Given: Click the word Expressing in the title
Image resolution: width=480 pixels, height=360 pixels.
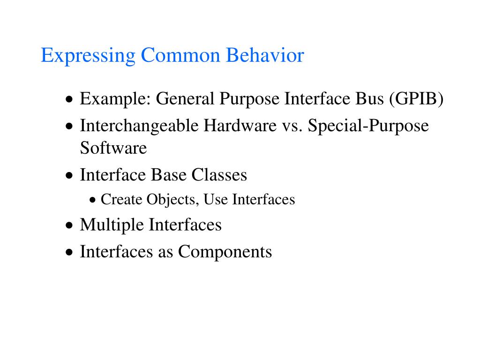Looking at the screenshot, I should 88,56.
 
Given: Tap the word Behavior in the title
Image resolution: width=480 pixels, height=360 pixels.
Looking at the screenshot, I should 265,56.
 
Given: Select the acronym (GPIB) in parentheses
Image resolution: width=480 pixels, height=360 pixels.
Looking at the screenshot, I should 416,99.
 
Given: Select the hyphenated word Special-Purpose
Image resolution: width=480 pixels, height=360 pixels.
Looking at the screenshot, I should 368,126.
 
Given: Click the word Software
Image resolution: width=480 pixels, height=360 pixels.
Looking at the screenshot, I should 113,148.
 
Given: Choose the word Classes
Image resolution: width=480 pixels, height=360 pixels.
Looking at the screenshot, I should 219,175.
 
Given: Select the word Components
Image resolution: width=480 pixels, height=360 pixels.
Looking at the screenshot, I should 225,252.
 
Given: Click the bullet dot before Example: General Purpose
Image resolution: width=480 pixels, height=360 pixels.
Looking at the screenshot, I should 69,100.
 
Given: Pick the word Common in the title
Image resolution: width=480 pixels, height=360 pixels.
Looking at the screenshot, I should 180,56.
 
